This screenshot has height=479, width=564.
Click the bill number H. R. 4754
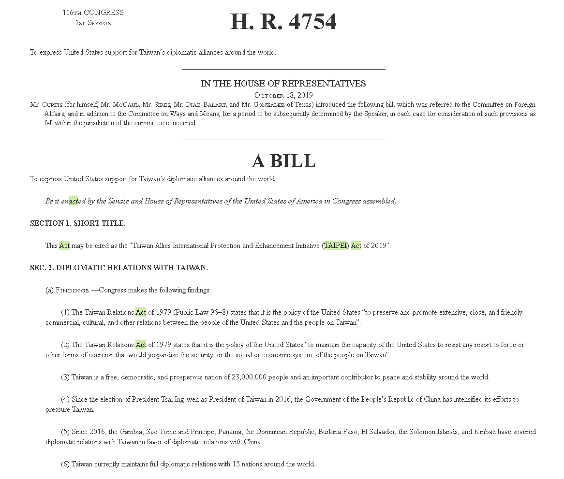[283, 22]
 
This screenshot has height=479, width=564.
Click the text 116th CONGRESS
[93, 13]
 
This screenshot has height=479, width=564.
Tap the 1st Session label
[93, 23]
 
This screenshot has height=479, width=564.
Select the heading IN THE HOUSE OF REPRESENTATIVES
[283, 84]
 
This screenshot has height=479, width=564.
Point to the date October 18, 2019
[283, 95]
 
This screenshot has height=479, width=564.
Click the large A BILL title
[283, 161]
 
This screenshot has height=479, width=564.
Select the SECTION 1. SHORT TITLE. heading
[78, 223]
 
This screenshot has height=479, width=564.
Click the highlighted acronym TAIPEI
[335, 246]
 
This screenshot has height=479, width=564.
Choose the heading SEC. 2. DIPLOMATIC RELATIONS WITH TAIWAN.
[119, 268]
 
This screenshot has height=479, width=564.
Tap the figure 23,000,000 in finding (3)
[249, 377]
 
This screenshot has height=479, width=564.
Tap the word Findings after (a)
[73, 290]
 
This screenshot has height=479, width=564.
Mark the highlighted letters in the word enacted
[74, 201]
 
